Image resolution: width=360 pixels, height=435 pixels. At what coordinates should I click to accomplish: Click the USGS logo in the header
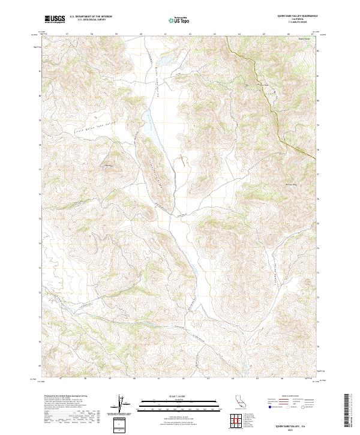(x=55, y=19)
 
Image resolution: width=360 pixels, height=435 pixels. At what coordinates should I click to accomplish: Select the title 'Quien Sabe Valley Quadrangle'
(x=298, y=16)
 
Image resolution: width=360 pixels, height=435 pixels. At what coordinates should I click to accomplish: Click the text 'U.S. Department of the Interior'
(x=91, y=16)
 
